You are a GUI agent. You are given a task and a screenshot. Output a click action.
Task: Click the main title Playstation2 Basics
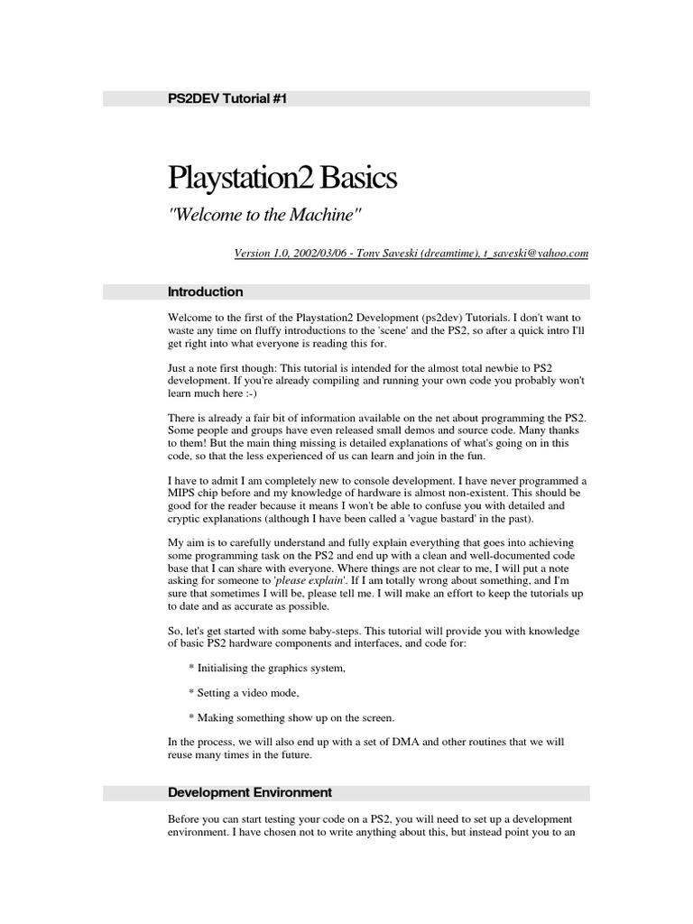point(282,178)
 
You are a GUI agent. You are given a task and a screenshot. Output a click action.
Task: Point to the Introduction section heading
point(205,292)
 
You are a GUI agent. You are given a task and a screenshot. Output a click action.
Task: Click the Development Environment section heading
point(250,793)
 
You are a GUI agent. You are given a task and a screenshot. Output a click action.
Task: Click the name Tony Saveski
point(385,254)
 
